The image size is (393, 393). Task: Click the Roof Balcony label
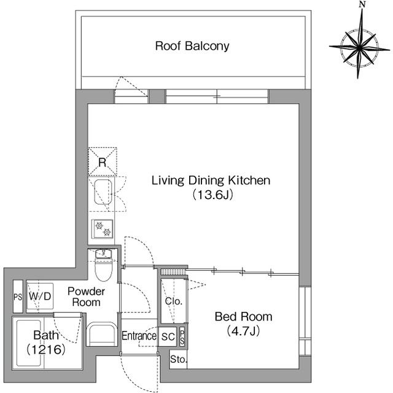click(192, 46)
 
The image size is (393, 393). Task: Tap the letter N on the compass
click(362, 4)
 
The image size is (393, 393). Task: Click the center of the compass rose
click(359, 47)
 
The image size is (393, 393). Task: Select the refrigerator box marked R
click(103, 161)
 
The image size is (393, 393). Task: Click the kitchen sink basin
click(103, 192)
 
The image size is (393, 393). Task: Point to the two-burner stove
click(103, 229)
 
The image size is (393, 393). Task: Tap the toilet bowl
click(103, 270)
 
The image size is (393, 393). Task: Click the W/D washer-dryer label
click(40, 297)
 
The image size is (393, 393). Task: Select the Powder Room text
click(86, 297)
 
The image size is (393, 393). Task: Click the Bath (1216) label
click(46, 343)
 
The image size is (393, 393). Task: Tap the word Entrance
click(139, 336)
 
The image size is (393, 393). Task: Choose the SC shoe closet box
click(168, 337)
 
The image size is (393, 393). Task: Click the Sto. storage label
click(179, 360)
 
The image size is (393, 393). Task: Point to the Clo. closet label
click(173, 302)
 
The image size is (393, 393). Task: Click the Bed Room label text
click(243, 317)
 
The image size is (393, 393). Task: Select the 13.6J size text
click(212, 195)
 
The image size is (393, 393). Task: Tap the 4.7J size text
click(243, 332)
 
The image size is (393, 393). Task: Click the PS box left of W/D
click(18, 297)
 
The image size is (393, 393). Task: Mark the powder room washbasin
click(102, 333)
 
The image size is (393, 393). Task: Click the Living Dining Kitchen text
click(211, 181)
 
